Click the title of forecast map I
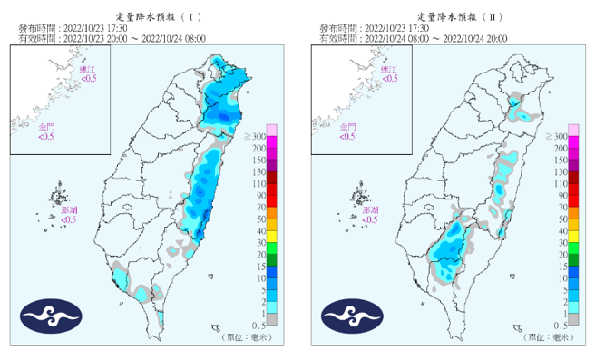pyautogui.click(x=152, y=17)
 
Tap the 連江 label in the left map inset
pyautogui.click(x=87, y=70)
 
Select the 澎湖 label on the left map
pyautogui.click(x=69, y=209)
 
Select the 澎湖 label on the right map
pyautogui.click(x=370, y=209)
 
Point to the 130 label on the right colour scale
pyautogui.click(x=560, y=171)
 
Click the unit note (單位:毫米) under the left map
pyautogui.click(x=243, y=337)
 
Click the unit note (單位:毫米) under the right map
pyautogui.click(x=544, y=337)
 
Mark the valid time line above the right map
pyautogui.click(x=413, y=39)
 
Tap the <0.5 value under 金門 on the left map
pyautogui.click(x=46, y=136)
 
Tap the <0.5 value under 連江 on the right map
pyautogui.click(x=388, y=79)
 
